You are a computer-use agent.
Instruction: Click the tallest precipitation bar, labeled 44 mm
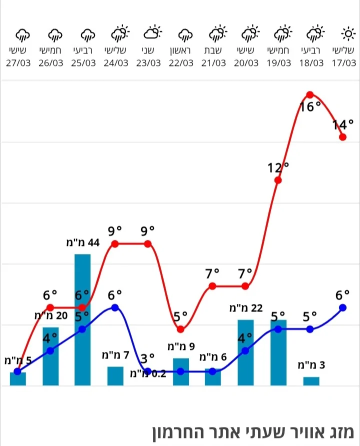(82, 320)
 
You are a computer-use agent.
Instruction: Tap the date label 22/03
(180, 63)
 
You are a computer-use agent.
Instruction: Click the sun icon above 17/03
(347, 34)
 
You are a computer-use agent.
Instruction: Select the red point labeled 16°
(310, 94)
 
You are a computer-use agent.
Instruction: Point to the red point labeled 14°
(342, 137)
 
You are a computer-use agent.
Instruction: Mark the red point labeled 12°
(278, 180)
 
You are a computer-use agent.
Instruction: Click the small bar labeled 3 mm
(311, 381)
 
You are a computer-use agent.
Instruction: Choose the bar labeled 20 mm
(50, 356)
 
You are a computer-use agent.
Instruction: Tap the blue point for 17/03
(342, 307)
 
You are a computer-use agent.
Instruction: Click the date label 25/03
(83, 63)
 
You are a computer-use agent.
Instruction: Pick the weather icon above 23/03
(152, 34)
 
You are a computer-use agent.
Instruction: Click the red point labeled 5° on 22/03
(180, 329)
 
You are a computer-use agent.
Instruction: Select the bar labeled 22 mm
(245, 352)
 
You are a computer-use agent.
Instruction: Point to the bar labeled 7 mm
(115, 376)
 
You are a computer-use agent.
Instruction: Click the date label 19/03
(278, 63)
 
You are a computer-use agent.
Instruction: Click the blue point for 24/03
(115, 307)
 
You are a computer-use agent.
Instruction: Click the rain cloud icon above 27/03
(22, 34)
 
